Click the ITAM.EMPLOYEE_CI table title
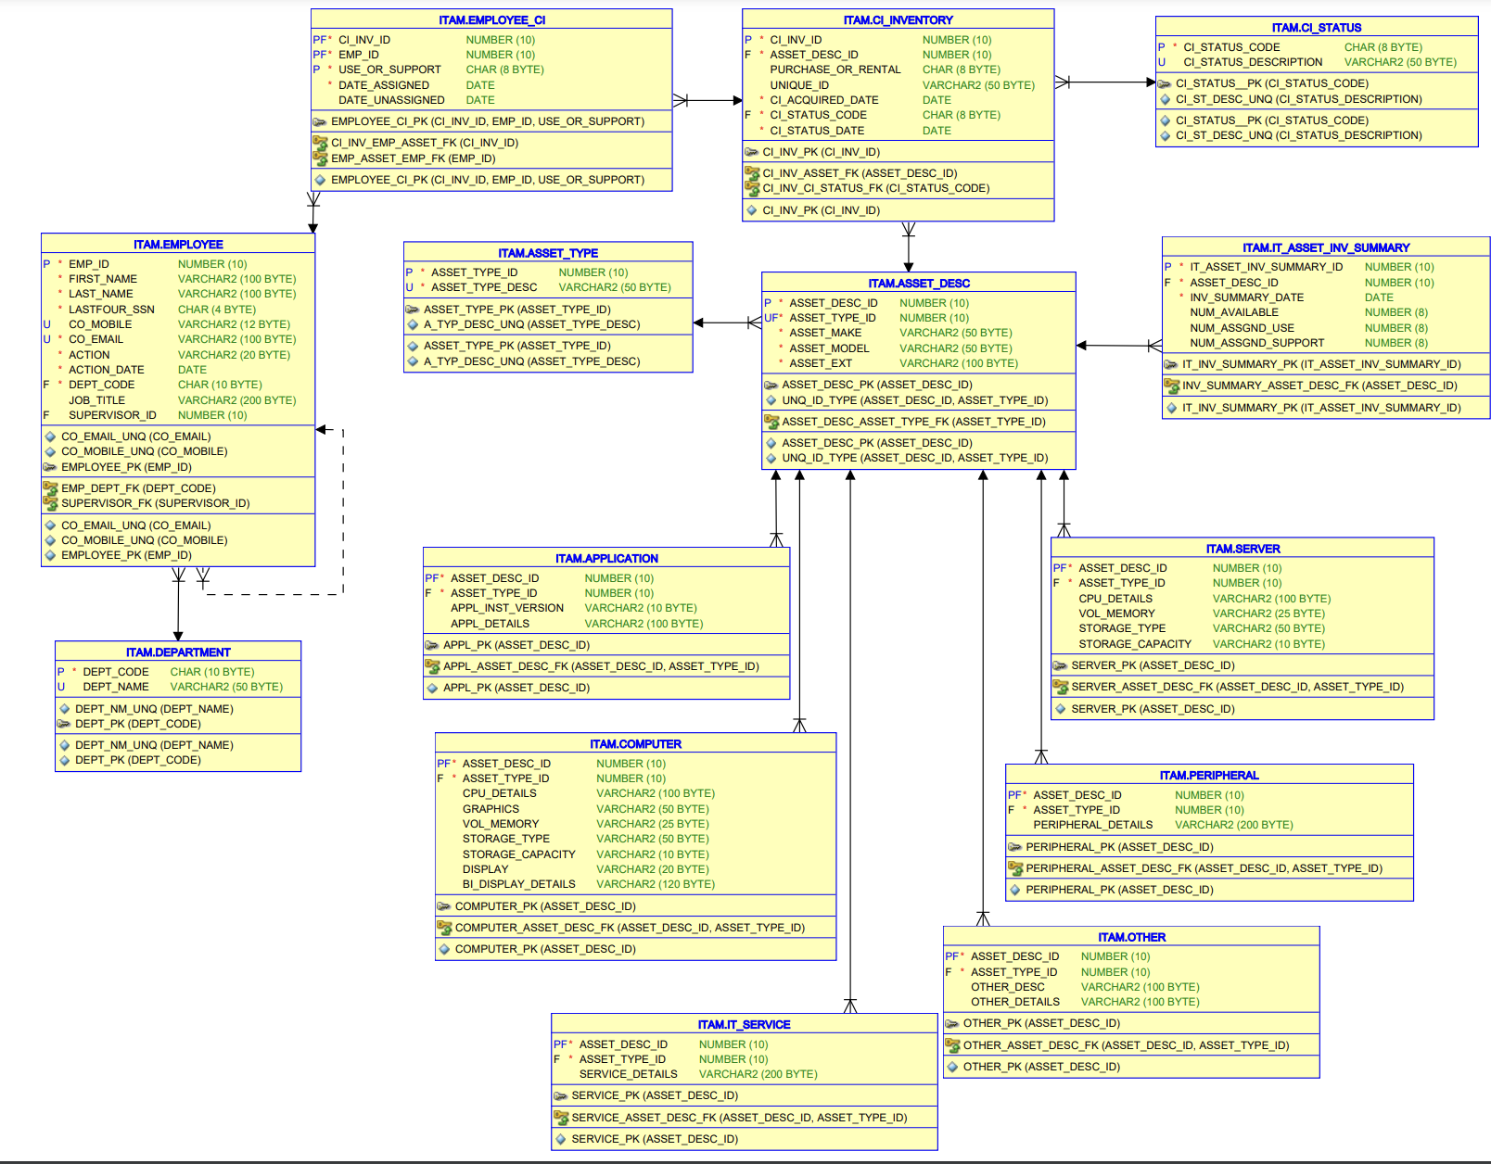coord(491,19)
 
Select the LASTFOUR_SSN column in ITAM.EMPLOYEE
coord(111,310)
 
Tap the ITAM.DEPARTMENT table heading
coord(178,652)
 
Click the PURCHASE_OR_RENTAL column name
coord(835,70)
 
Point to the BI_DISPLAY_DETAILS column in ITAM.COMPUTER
coord(518,884)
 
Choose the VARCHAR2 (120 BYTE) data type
coord(655,884)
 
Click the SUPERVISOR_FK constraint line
coord(155,503)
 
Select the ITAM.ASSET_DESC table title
coord(918,284)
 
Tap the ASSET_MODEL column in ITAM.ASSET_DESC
coord(829,348)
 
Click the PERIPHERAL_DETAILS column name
coord(1092,825)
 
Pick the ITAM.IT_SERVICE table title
coord(744,1025)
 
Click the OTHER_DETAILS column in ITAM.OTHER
coord(1014,1002)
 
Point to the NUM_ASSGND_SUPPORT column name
coord(1256,343)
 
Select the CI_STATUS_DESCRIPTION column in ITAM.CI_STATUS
coord(1253,62)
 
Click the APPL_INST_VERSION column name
coord(506,608)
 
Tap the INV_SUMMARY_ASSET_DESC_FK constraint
coord(1319,386)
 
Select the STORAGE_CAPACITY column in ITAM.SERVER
coord(1134,644)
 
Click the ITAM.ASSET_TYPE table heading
coord(547,253)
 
